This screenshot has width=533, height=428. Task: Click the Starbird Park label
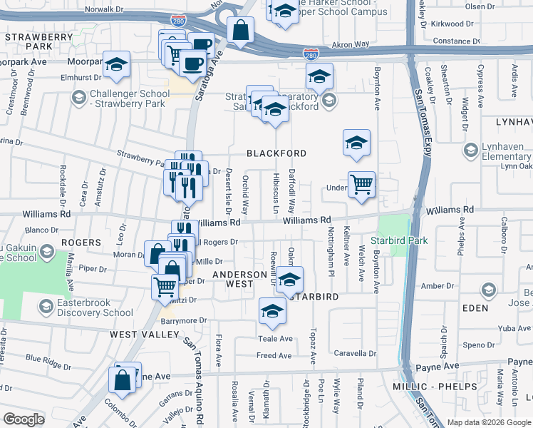point(400,241)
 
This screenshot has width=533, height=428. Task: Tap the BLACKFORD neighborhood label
point(276,153)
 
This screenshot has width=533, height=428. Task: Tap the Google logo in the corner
point(24,419)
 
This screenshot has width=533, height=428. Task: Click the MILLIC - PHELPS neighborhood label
point(434,387)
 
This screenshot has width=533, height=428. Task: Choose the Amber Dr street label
point(452,285)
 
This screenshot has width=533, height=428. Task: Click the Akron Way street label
point(351,44)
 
